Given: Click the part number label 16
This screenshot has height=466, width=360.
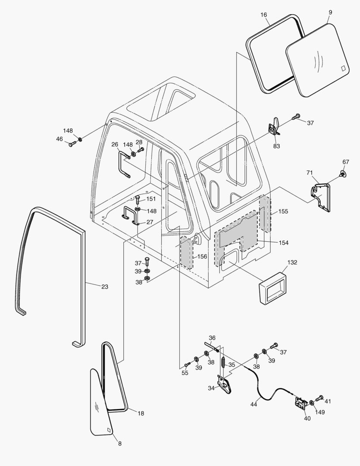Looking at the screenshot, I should (x=264, y=14).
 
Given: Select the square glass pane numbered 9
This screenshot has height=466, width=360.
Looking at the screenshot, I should (x=317, y=60).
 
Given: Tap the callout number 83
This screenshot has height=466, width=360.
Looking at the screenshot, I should (x=276, y=146).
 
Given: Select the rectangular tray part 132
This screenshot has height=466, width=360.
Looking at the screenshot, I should (x=273, y=287).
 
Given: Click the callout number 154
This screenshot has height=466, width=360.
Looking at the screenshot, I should (x=283, y=243).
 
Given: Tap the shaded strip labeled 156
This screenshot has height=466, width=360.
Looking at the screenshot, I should (x=186, y=253).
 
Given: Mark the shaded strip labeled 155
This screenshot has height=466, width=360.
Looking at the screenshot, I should (x=265, y=214).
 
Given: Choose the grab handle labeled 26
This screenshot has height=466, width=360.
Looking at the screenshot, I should (x=123, y=163).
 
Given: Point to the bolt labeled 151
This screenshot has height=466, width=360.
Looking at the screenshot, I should (x=137, y=200).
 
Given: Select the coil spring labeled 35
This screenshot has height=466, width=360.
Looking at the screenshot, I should (x=223, y=362).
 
